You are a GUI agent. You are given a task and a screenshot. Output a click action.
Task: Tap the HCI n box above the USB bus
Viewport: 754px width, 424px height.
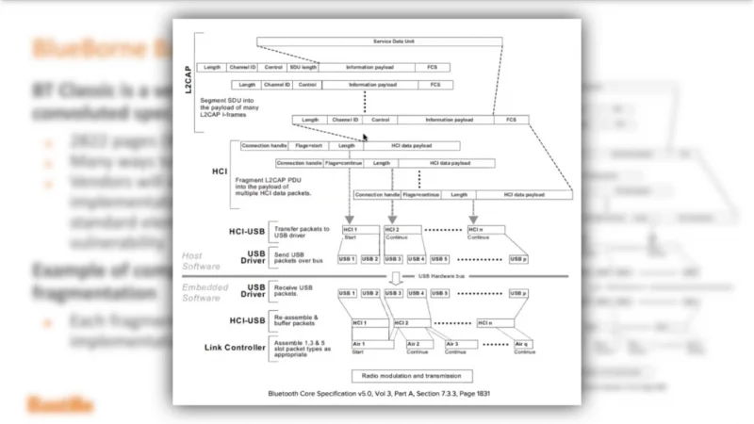[x=486, y=230]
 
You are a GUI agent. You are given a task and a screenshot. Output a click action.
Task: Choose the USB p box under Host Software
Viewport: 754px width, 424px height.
[x=518, y=258]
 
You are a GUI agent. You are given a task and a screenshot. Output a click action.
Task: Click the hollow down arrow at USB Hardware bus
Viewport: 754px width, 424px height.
[x=397, y=276]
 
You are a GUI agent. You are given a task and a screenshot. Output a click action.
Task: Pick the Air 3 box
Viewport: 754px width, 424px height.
[x=456, y=345]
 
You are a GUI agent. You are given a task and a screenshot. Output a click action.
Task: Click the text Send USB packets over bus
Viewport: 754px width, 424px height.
[x=299, y=258]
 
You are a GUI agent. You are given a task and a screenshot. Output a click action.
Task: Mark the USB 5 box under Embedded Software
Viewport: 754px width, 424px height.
[x=440, y=293]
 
